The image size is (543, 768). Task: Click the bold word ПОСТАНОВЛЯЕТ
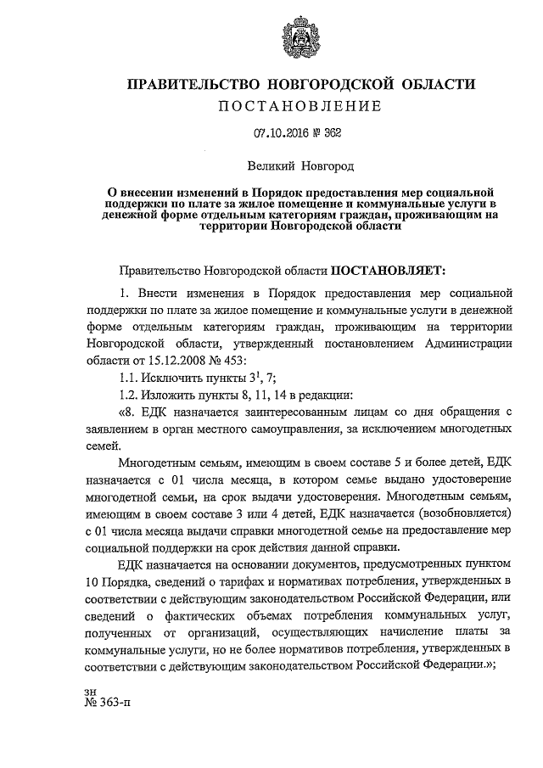pos(386,272)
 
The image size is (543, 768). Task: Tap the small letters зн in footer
pos(91,692)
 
